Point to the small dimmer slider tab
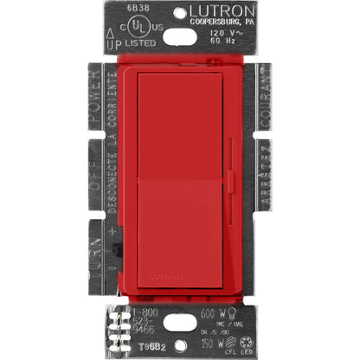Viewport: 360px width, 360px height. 230,184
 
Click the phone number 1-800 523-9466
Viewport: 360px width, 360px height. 131,323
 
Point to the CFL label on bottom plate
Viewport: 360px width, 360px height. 228,344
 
